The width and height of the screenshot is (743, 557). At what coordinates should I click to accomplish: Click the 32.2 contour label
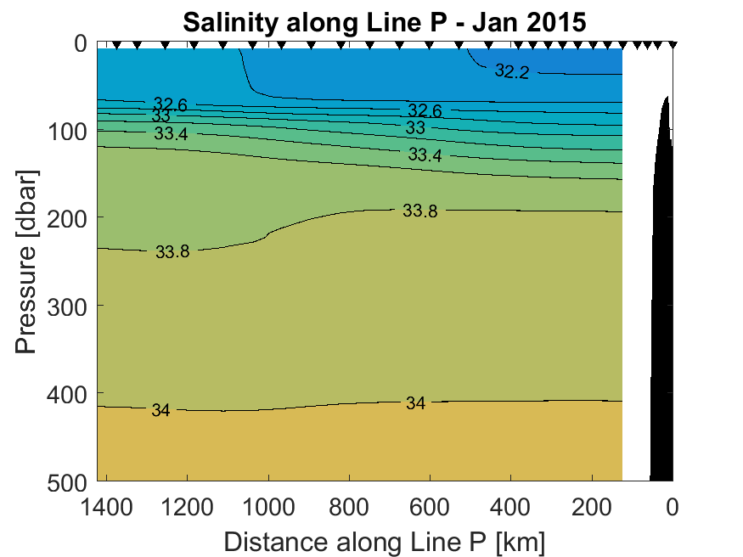click(x=512, y=72)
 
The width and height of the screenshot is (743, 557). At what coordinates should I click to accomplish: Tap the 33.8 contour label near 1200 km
click(x=172, y=251)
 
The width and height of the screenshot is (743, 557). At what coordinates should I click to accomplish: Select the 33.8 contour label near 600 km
click(x=419, y=211)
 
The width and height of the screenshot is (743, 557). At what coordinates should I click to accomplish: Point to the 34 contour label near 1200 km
click(x=160, y=411)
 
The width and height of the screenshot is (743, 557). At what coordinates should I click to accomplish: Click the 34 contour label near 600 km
click(x=415, y=403)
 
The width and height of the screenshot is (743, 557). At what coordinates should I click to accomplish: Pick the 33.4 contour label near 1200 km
click(x=172, y=133)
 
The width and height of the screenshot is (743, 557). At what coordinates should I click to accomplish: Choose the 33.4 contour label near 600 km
click(x=425, y=155)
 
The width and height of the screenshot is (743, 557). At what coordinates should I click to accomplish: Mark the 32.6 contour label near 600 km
click(x=425, y=110)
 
